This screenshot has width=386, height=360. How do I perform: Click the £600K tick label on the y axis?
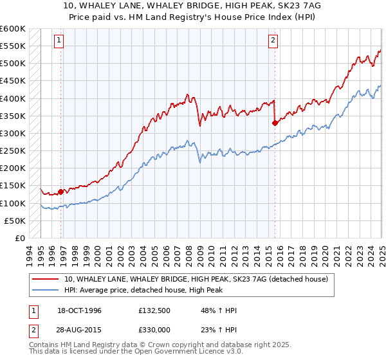click(x=13, y=29)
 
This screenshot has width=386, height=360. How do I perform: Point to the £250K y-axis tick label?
click(x=13, y=150)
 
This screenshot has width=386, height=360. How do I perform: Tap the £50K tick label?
click(x=15, y=221)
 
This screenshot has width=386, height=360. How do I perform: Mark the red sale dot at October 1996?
click(x=61, y=191)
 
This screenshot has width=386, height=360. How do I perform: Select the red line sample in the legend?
click(x=46, y=279)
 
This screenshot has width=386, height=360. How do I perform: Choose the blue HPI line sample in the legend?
click(x=46, y=290)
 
